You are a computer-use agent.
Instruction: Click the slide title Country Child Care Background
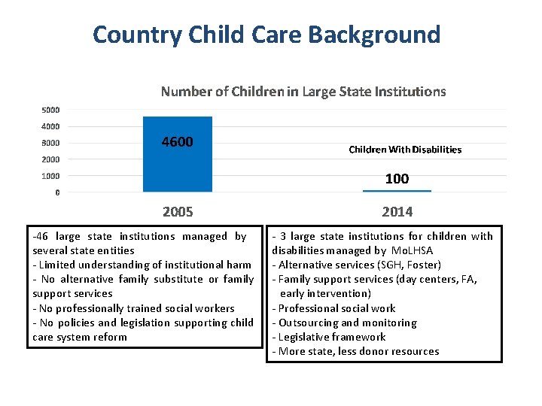coord(266,35)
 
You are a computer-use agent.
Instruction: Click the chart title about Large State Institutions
coord(303,92)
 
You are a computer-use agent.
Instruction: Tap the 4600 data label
coord(178,142)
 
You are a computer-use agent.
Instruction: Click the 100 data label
coord(397,178)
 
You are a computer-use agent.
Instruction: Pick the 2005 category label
coord(178,212)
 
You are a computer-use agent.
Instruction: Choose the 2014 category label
coord(397,212)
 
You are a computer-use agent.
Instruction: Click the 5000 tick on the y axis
coord(50,110)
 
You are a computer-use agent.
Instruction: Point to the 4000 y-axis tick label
coord(50,126)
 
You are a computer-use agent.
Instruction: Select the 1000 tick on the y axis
coord(50,176)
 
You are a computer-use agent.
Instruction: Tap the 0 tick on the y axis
coord(57,192)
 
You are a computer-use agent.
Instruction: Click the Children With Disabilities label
coord(405,150)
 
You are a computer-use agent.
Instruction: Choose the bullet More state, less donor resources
coord(355,351)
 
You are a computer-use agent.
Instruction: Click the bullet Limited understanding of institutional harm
coord(142,265)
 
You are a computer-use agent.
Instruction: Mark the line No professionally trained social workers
coord(134,308)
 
